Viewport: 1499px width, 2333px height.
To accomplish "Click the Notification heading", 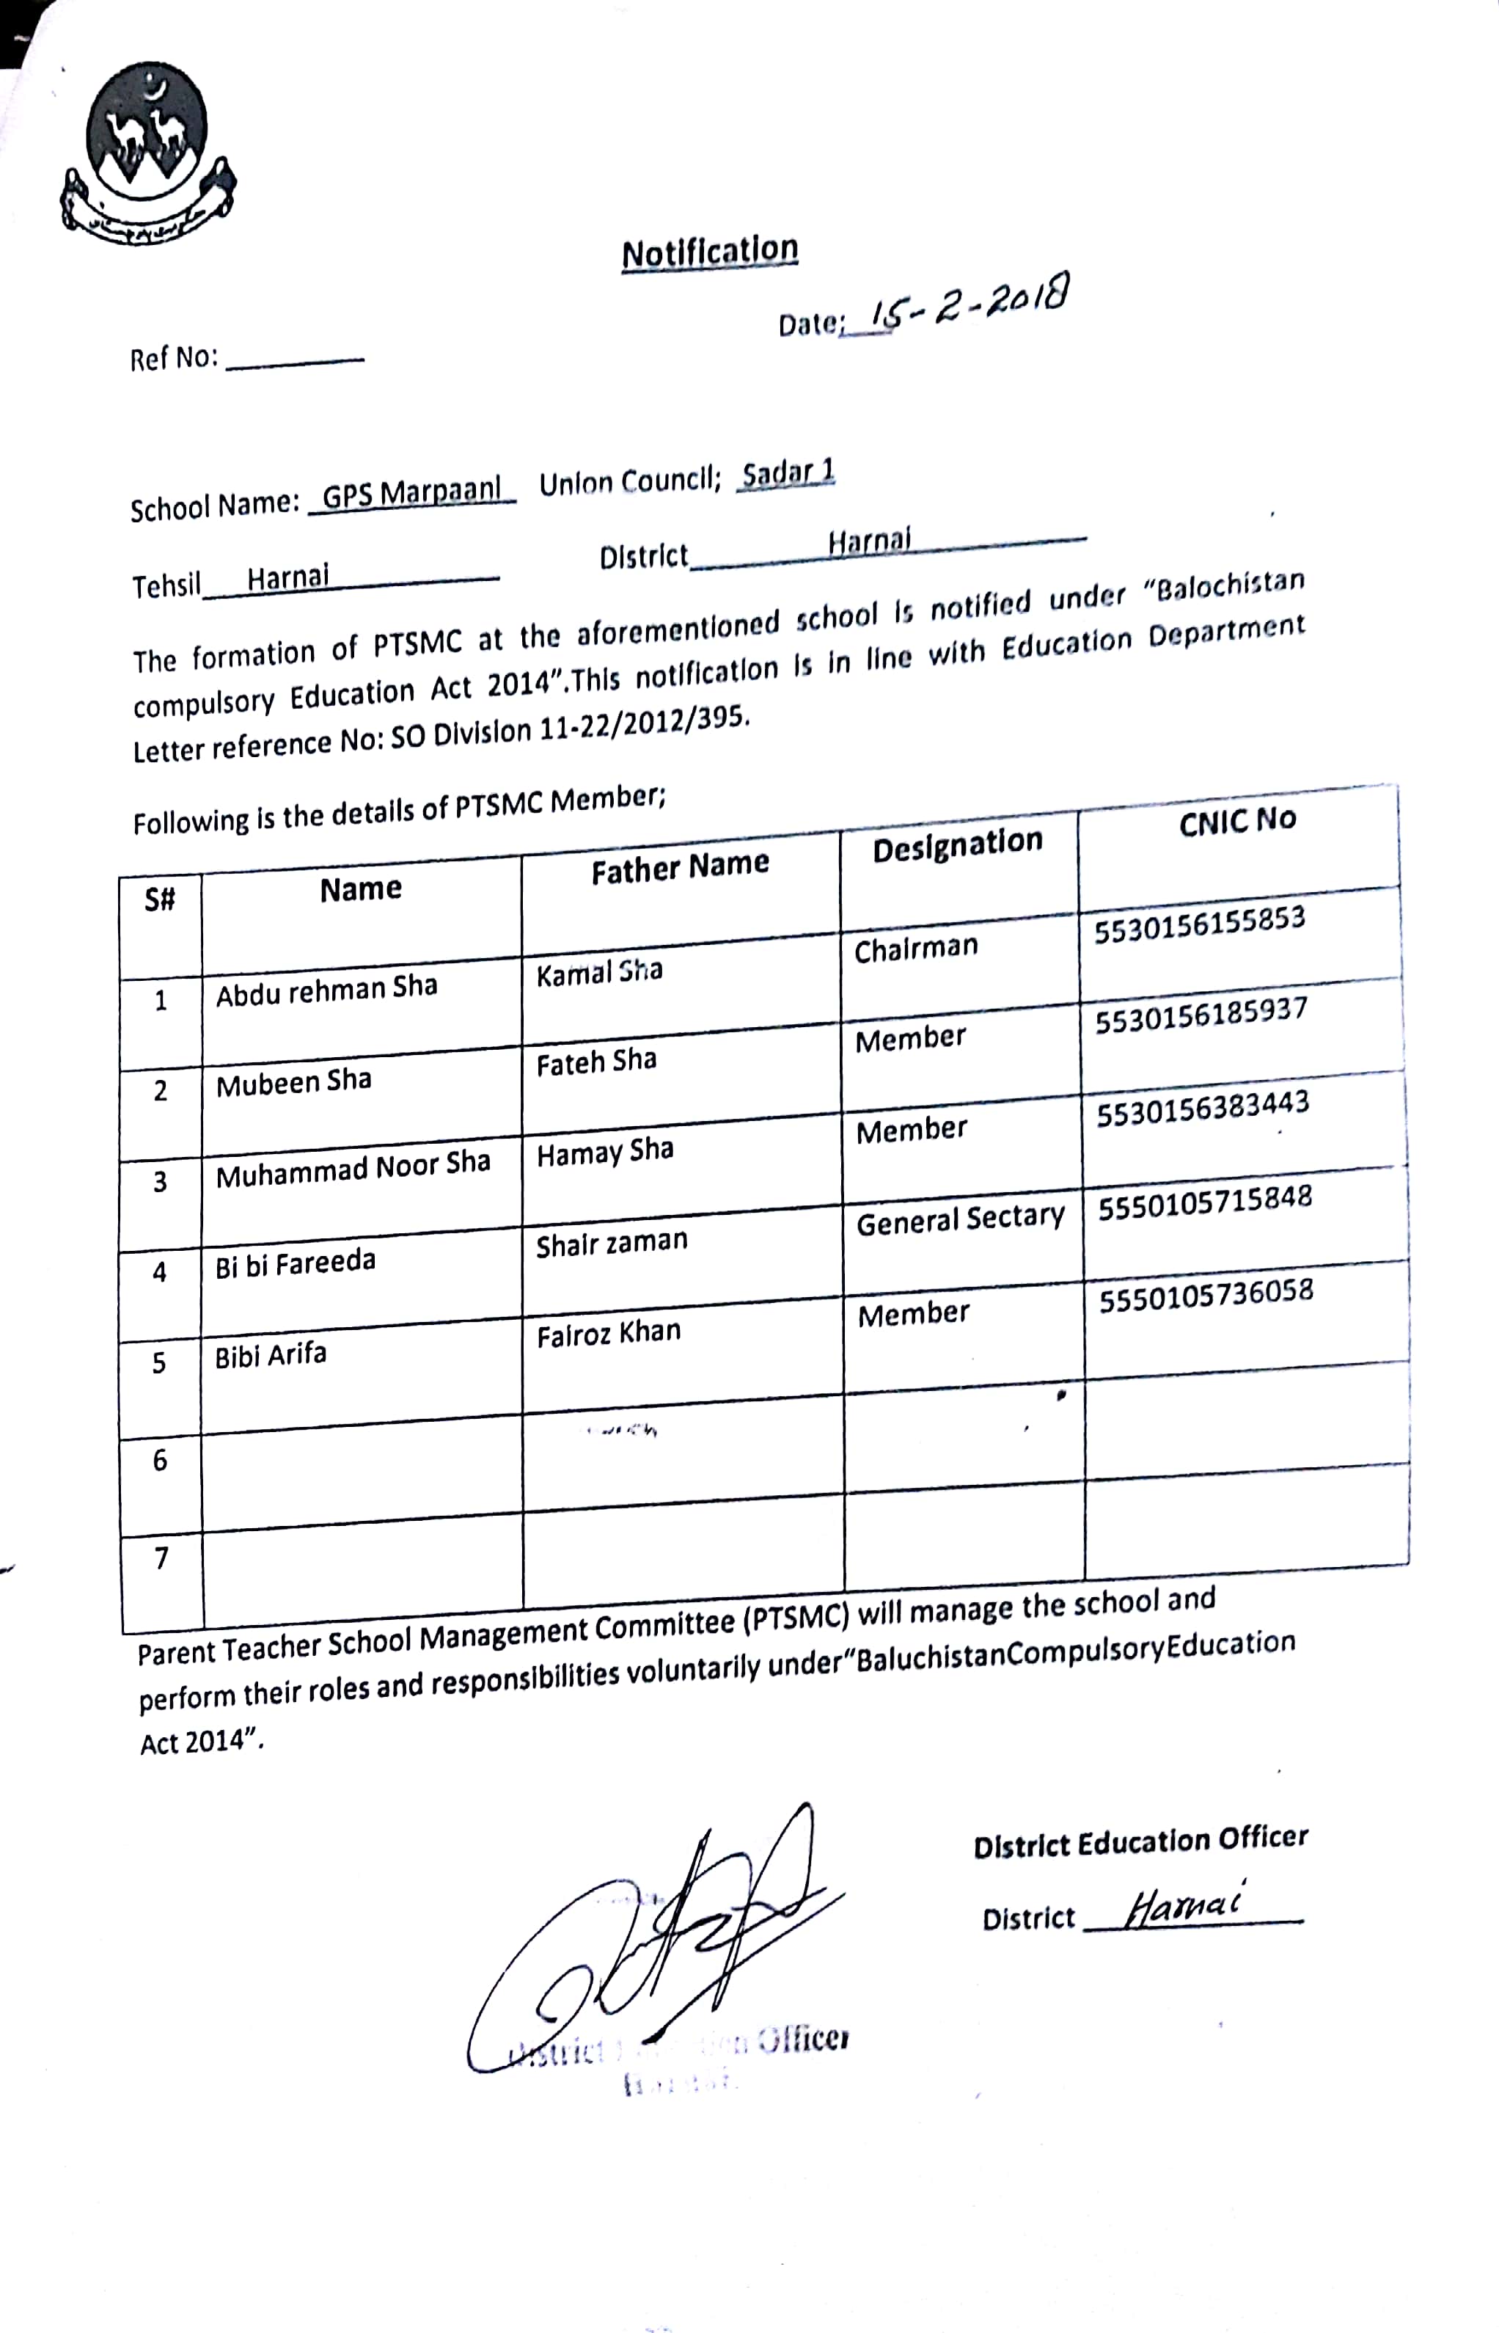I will pyautogui.click(x=710, y=252).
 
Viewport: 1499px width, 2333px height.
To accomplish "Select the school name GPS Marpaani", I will pyautogui.click(x=411, y=494).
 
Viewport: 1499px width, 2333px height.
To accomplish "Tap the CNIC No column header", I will pyautogui.click(x=1237, y=822).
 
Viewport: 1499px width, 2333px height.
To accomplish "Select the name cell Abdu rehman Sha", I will pyautogui.click(x=326, y=990).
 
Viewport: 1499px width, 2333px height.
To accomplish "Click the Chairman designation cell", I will pyautogui.click(x=915, y=947).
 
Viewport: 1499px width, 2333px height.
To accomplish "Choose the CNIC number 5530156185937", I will pyautogui.click(x=1201, y=1015).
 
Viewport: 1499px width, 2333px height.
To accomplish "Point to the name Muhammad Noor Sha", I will pyautogui.click(x=352, y=1169).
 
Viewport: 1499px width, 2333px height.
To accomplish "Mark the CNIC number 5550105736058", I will pyautogui.click(x=1206, y=1295).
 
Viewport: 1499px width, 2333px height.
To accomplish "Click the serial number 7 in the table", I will pyautogui.click(x=161, y=1559).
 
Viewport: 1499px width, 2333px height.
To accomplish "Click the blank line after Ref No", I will pyautogui.click(x=294, y=361).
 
